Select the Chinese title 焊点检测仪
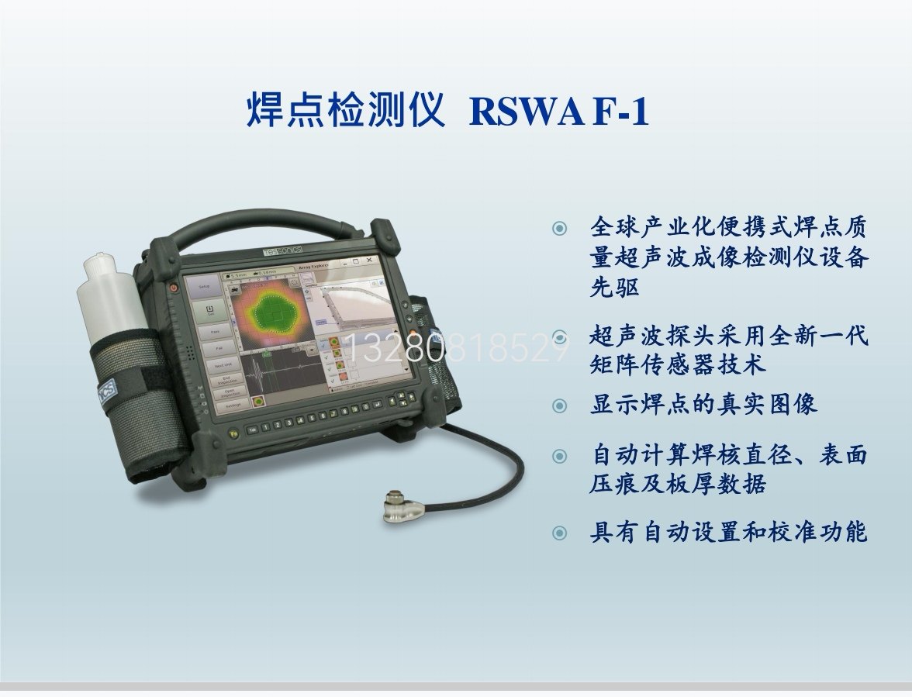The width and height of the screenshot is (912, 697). [x=345, y=112]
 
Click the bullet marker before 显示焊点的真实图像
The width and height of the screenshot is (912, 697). [x=559, y=405]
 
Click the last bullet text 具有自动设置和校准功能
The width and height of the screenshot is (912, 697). [x=728, y=533]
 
